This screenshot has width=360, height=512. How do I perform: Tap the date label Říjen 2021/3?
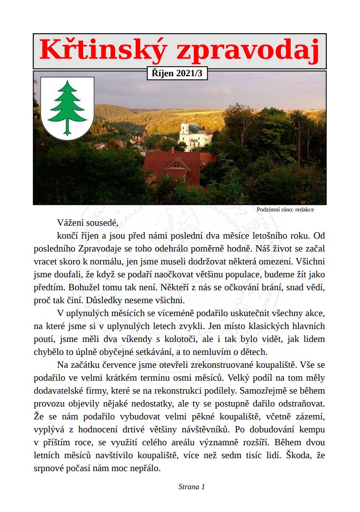[177, 73]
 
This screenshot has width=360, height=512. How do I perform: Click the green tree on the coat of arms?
[67, 107]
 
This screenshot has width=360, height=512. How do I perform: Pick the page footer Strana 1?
[192, 487]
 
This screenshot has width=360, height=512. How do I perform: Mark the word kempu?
[311, 430]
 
